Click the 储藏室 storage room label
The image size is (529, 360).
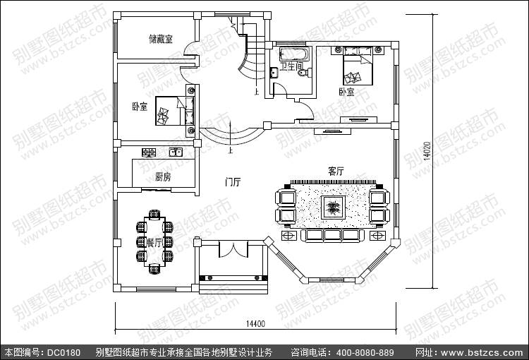[x=160, y=38]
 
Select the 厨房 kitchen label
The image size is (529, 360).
[x=162, y=176]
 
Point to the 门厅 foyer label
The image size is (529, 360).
[x=233, y=182]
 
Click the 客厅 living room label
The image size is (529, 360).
[x=336, y=171]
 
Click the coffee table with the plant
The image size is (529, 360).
[x=332, y=208]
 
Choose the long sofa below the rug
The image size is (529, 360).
[x=332, y=234]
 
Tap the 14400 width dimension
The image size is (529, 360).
[x=255, y=323]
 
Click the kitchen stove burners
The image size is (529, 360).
[x=150, y=152]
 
